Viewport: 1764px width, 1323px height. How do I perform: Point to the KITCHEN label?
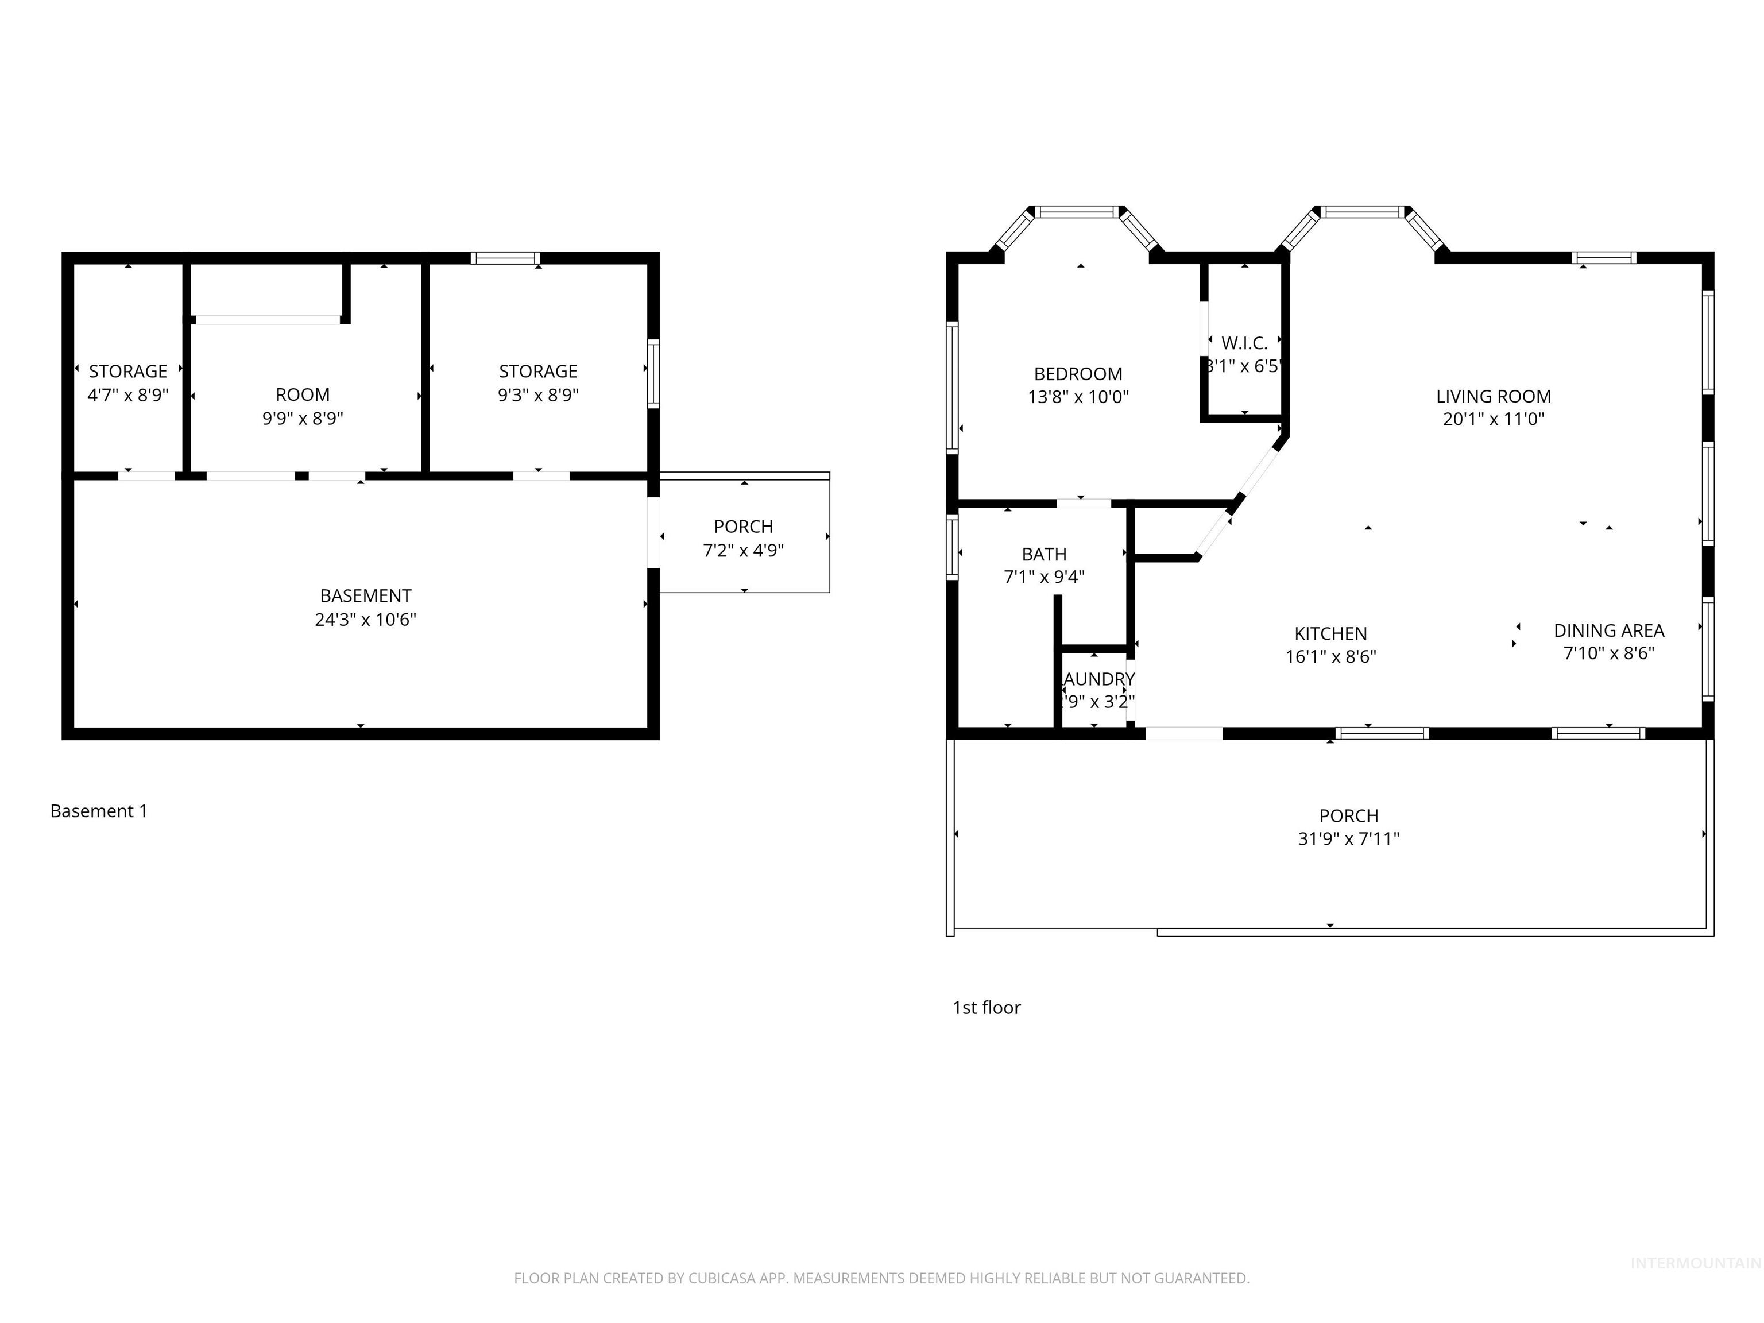(1330, 634)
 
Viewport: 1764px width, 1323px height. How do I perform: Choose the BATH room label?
(1044, 554)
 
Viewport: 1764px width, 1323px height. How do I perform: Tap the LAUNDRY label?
(1099, 679)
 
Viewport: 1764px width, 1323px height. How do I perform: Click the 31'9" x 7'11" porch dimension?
(1348, 839)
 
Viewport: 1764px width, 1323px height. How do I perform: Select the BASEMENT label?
(365, 595)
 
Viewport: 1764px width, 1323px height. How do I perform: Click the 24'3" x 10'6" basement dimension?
(365, 620)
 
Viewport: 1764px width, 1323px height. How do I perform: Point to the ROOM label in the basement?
(302, 394)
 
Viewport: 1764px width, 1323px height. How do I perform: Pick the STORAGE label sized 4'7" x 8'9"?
(127, 372)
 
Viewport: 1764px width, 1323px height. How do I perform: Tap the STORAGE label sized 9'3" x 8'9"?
(538, 372)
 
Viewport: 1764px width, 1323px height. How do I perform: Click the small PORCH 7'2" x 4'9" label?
(743, 527)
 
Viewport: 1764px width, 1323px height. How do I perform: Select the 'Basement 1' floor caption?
(99, 811)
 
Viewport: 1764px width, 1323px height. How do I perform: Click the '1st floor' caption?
(987, 1008)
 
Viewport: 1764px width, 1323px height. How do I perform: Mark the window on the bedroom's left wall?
(952, 388)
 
